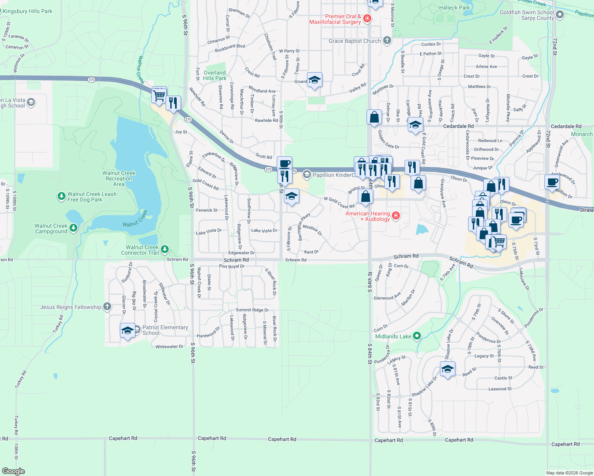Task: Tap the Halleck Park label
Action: click(454, 8)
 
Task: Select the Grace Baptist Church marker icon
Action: click(387, 41)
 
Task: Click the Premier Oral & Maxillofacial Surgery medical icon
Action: click(367, 19)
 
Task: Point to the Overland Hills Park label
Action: click(214, 75)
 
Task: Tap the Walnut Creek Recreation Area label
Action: click(119, 178)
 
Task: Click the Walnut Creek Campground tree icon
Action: click(73, 228)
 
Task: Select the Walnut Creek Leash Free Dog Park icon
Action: click(61, 196)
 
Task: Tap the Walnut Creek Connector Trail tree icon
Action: click(165, 250)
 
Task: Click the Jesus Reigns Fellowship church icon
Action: click(107, 307)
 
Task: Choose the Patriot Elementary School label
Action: click(165, 330)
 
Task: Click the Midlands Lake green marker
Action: click(417, 336)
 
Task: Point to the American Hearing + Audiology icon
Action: click(395, 215)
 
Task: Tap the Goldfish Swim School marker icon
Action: click(560, 15)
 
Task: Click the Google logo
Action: click(13, 471)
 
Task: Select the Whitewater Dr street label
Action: click(170, 346)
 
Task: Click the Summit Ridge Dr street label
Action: click(252, 310)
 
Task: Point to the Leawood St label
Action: click(500, 389)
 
